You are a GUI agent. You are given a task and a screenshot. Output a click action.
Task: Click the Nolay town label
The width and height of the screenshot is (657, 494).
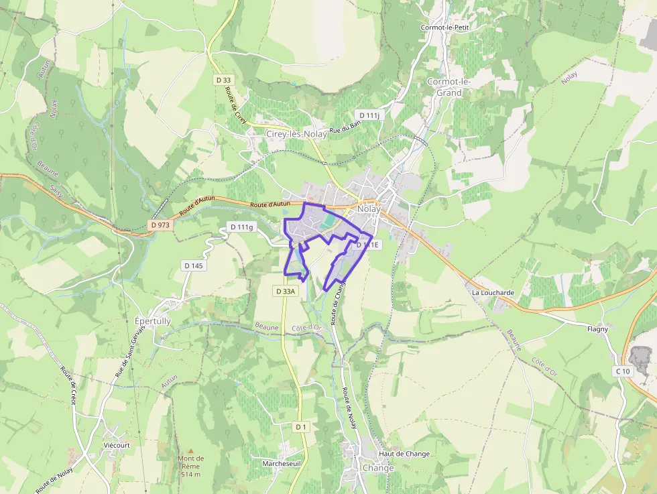coord(369,208)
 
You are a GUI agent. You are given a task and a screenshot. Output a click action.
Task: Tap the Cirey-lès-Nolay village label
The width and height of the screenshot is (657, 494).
coord(296,134)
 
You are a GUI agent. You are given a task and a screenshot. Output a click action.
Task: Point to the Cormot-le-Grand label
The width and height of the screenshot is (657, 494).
coord(449,87)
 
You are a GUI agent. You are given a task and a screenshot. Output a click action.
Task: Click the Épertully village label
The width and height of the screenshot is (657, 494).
coord(153,321)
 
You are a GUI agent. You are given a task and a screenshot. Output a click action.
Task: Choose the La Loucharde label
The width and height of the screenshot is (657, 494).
coord(493,293)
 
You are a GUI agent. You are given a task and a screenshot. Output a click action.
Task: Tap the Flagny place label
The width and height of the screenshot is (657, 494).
coord(597,329)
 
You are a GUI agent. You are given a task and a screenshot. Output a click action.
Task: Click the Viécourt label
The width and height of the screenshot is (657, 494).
coord(117,444)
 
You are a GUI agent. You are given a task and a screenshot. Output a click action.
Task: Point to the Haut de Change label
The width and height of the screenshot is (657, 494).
coord(404,454)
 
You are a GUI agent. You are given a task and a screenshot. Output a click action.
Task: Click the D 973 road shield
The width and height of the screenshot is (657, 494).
coord(161,225)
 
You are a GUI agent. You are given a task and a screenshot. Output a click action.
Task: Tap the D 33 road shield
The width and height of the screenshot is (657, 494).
coord(223,80)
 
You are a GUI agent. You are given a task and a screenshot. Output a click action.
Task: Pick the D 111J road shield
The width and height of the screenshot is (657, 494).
coord(369,115)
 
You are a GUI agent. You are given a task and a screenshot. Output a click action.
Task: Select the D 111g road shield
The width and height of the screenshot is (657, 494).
coord(242,227)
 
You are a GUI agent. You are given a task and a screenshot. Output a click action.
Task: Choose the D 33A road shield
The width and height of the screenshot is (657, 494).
coord(285,291)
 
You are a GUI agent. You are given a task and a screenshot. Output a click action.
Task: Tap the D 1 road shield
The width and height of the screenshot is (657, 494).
coord(301,426)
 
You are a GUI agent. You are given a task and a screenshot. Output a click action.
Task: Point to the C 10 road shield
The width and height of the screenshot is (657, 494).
coord(623,371)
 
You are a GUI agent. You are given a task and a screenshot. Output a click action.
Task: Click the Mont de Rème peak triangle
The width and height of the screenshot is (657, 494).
coord(190,451)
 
